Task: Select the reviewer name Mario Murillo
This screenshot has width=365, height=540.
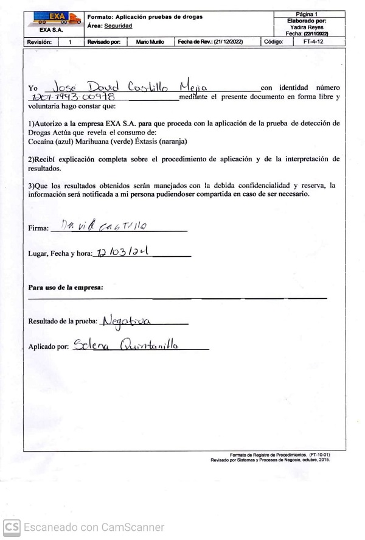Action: (150, 43)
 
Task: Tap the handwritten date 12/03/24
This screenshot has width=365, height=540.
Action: (121, 252)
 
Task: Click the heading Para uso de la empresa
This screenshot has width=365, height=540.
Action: (66, 287)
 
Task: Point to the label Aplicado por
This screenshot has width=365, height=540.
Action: (49, 347)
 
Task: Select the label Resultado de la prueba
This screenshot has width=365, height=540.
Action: (63, 321)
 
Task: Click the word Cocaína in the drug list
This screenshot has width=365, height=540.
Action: (41, 141)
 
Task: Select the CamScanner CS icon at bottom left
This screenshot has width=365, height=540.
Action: (12, 527)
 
